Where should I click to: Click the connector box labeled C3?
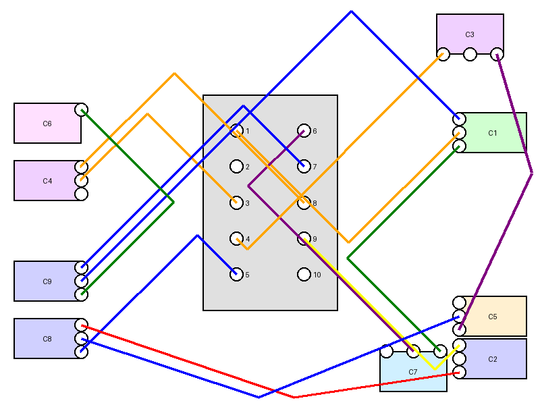click(x=470, y=34)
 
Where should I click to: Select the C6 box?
click(x=47, y=124)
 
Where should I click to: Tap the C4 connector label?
click(x=47, y=181)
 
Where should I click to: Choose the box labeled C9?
click(x=47, y=281)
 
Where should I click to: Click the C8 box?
click(x=47, y=339)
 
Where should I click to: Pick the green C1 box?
click(x=492, y=133)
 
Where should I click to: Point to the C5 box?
click(x=492, y=316)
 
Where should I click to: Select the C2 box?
click(x=492, y=359)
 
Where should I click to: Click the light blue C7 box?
click(x=413, y=372)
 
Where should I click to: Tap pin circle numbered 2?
click(x=236, y=166)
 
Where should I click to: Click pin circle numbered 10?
click(x=304, y=274)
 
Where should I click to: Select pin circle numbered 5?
click(x=236, y=274)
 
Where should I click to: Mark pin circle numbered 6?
click(x=304, y=131)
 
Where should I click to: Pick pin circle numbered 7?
click(x=304, y=166)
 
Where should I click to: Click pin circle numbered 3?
click(x=236, y=202)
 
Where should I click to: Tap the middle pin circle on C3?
click(x=470, y=54)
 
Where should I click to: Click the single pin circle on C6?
click(x=81, y=110)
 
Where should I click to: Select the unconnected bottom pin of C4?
click(x=81, y=194)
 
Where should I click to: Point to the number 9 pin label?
click(x=315, y=239)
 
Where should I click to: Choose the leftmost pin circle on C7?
click(x=387, y=351)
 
